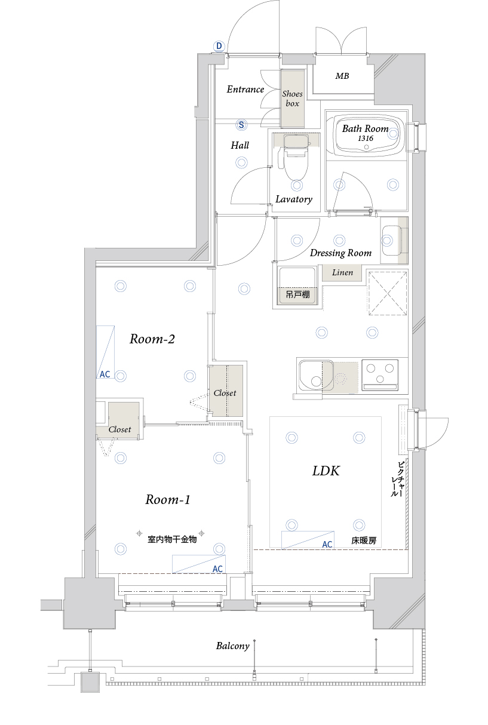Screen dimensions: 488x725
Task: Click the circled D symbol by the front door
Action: click(219, 47)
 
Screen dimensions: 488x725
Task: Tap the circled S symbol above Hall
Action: click(241, 125)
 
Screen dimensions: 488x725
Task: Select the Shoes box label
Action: click(292, 99)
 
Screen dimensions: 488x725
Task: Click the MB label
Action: click(342, 76)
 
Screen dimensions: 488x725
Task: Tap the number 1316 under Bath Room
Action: click(366, 138)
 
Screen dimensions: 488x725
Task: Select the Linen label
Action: click(342, 272)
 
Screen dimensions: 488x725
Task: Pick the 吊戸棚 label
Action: click(297, 294)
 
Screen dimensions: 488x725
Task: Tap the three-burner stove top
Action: click(380, 375)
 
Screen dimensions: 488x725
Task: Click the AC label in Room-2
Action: click(105, 374)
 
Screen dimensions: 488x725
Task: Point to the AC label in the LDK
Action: click(327, 545)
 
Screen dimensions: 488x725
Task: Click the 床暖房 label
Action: click(364, 540)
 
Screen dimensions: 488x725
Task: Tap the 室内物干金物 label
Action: click(172, 539)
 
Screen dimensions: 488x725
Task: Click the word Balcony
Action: click(233, 646)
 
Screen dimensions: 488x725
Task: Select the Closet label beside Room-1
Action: click(120, 429)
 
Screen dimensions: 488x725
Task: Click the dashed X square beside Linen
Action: click(388, 293)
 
